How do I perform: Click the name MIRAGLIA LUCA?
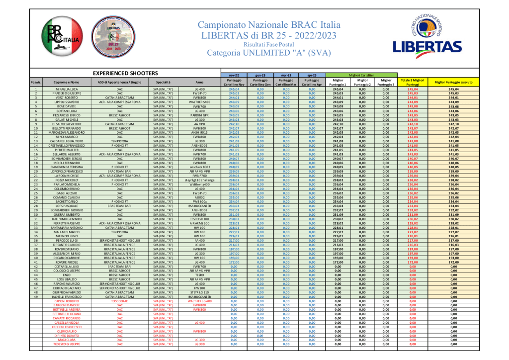67,89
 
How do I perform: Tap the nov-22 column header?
234,75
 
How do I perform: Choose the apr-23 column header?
312,75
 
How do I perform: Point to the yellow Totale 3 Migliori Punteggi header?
412,82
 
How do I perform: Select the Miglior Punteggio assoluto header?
453,82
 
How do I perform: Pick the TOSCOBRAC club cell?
119,301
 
